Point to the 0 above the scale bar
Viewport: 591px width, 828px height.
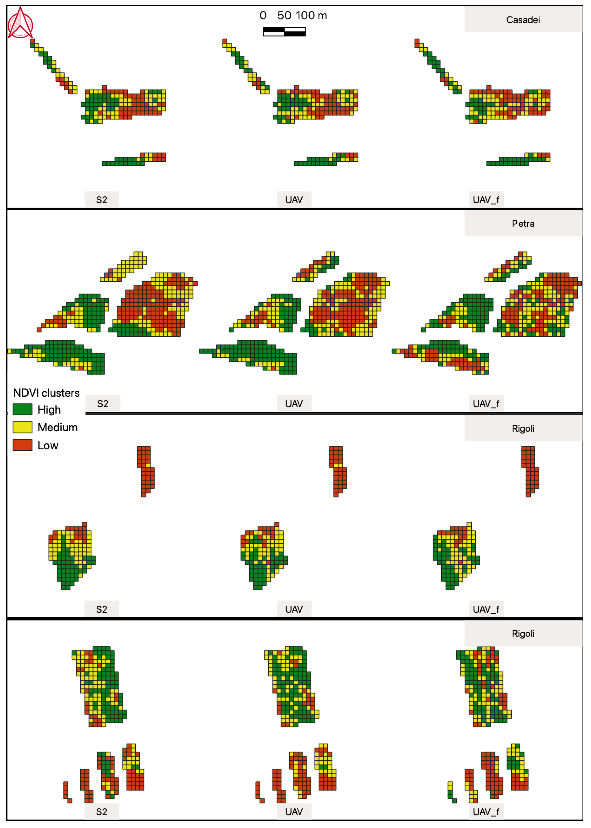click(263, 16)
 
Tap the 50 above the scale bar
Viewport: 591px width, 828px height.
click(284, 16)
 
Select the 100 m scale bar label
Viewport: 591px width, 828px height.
click(311, 16)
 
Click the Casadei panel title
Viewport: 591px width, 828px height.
click(523, 20)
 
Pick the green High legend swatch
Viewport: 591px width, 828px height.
click(23, 409)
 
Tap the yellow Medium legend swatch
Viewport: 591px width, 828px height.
click(23, 427)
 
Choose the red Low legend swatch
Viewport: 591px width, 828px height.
click(23, 445)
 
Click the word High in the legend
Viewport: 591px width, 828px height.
click(49, 410)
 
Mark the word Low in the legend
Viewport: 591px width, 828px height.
click(48, 446)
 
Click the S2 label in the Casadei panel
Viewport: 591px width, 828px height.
click(102, 200)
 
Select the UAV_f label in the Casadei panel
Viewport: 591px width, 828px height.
click(486, 200)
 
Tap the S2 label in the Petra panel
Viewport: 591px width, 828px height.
click(103, 404)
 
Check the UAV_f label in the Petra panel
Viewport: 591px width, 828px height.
click(486, 404)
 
